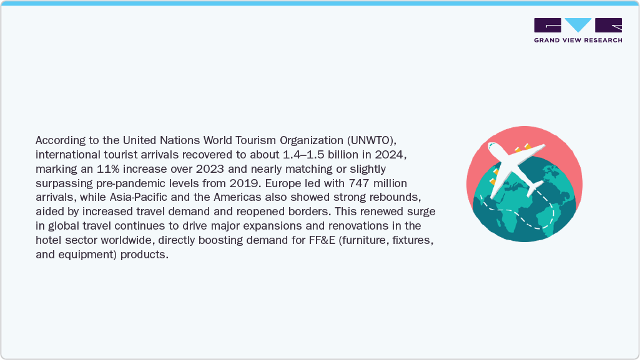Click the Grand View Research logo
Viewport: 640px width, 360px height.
pyautogui.click(x=578, y=30)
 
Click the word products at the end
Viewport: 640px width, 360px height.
pyautogui.click(x=147, y=255)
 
